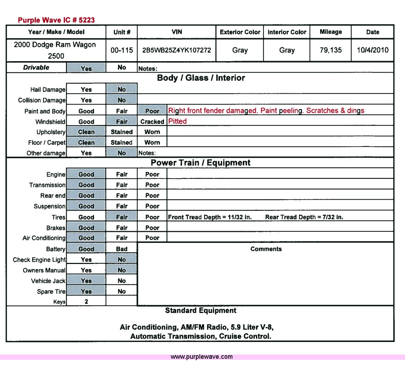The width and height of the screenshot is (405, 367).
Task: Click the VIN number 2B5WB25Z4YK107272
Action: pos(177,50)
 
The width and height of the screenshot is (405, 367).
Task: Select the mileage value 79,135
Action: pos(331,50)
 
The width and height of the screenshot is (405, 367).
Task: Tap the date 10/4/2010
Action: pos(372,50)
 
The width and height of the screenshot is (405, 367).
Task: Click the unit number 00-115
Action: pos(122,50)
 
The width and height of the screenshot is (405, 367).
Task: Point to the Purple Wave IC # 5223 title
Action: pos(56,20)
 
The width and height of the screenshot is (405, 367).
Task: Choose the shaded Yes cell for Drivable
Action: pos(86,68)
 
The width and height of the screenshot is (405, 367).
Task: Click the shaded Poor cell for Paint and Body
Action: pos(152,111)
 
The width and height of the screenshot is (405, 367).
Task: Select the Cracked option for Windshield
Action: pos(152,122)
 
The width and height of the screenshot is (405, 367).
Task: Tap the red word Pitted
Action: pos(178,121)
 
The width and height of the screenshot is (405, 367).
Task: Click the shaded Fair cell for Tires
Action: pos(122,217)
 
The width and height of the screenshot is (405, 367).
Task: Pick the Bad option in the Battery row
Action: pos(122,249)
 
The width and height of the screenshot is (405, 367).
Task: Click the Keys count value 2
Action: pos(86,302)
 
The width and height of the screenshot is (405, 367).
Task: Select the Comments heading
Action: pos(266,249)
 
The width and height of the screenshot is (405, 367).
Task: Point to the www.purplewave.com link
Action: pos(202,357)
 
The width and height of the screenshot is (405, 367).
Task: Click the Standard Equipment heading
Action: pos(201,310)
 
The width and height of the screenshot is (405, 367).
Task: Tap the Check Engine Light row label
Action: pos(39,260)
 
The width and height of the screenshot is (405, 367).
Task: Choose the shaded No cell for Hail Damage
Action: pos(122,89)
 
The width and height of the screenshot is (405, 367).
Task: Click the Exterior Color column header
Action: pos(240,32)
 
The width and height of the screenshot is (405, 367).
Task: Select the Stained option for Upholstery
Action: pos(122,132)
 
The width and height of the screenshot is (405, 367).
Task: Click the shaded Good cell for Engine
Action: pos(86,175)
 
